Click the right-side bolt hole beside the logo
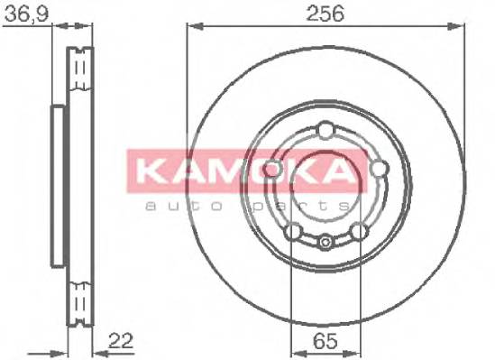(x=377, y=168)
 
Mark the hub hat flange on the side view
(x=58, y=185)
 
